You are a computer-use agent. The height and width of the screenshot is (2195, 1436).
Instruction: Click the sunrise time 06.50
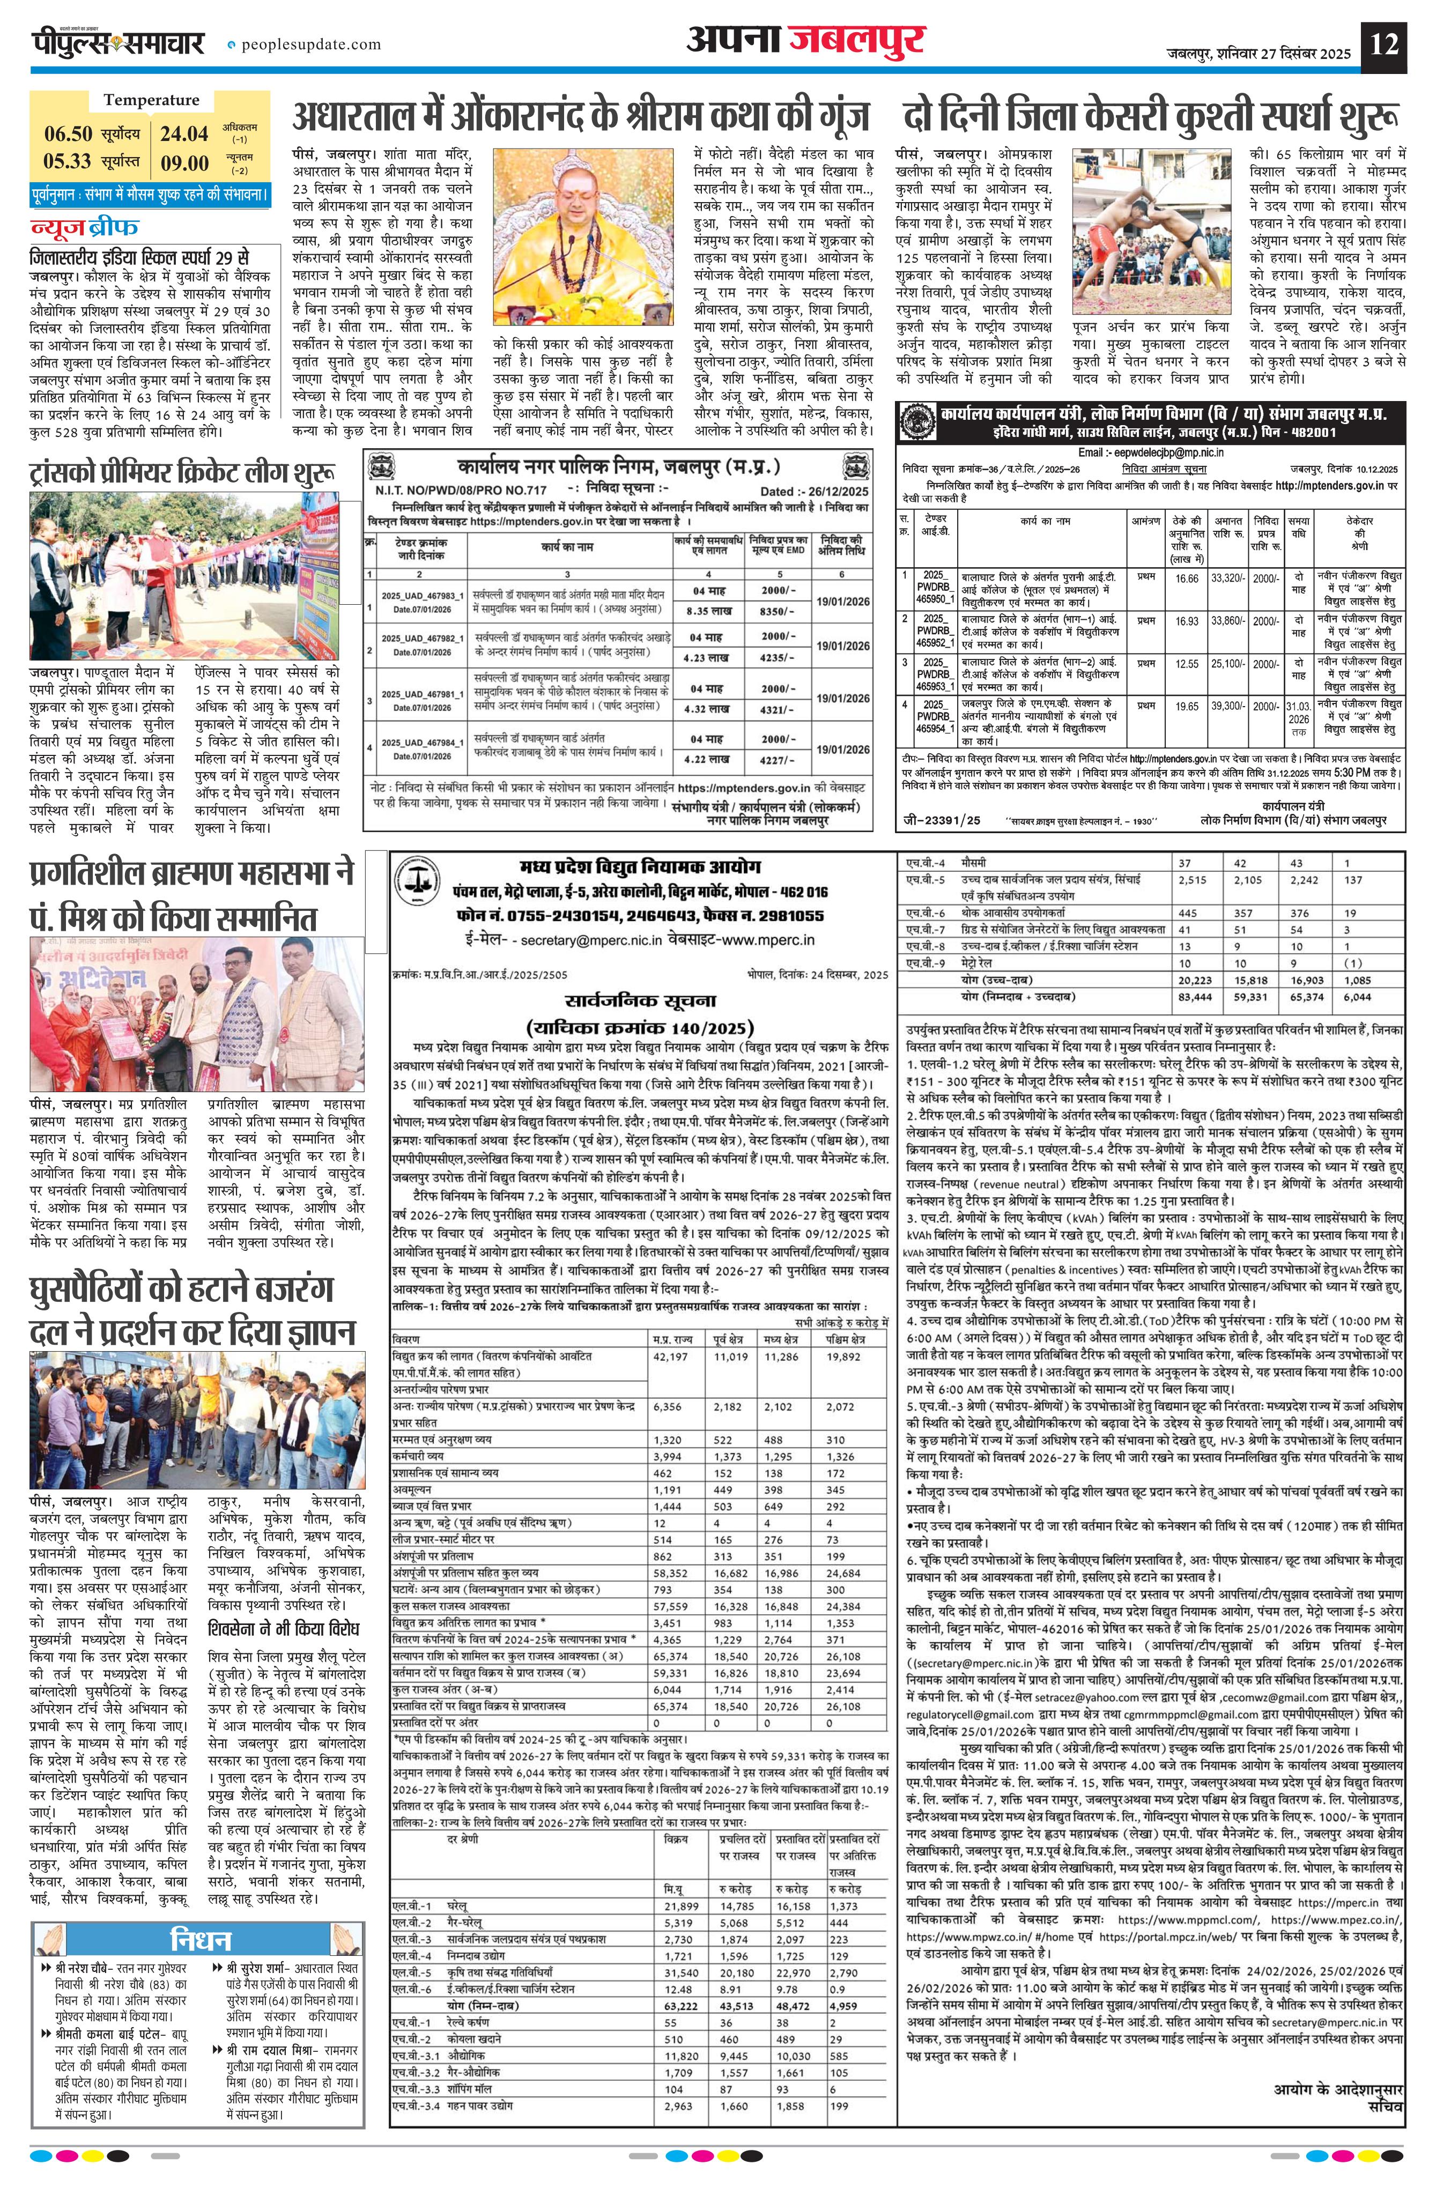pyautogui.click(x=68, y=134)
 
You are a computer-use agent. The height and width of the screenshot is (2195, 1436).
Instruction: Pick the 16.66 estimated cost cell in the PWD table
pyautogui.click(x=1187, y=579)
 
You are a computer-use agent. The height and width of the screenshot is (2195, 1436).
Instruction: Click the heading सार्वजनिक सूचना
pyautogui.click(x=640, y=1000)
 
